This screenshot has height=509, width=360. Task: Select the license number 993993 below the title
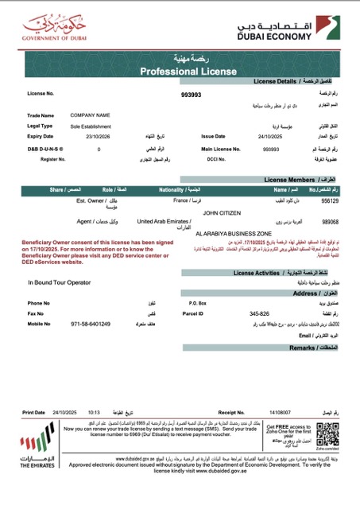[192, 95]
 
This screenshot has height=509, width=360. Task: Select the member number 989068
[329, 222]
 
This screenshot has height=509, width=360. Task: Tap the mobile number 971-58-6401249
[91, 324]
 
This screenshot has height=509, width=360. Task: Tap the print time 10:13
[93, 413]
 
